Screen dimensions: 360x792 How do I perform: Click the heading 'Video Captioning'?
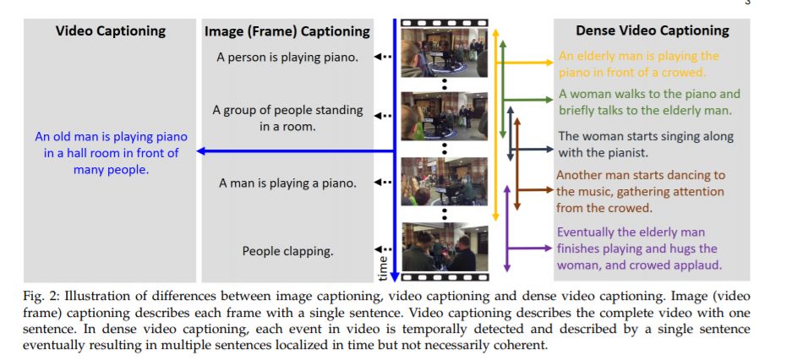pyautogui.click(x=110, y=31)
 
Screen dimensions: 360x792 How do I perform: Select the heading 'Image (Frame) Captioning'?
pyautogui.click(x=287, y=31)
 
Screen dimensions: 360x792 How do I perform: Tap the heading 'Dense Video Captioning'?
pyautogui.click(x=652, y=30)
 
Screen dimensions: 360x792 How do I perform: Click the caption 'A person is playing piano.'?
pyautogui.click(x=287, y=57)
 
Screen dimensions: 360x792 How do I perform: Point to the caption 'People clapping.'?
pyautogui.click(x=287, y=250)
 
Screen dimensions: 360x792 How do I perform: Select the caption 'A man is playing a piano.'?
pyautogui.click(x=287, y=183)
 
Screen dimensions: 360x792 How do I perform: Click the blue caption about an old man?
pyautogui.click(x=111, y=153)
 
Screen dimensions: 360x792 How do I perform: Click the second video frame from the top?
pyautogui.click(x=444, y=116)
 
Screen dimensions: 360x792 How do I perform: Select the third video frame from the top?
pyautogui.click(x=444, y=181)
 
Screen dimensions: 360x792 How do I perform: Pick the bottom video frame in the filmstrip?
pyautogui.click(x=444, y=246)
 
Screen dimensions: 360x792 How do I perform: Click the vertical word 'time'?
pyautogui.click(x=381, y=267)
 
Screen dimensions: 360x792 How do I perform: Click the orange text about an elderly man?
pyautogui.click(x=638, y=63)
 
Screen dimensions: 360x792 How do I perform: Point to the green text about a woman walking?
pyautogui.click(x=648, y=101)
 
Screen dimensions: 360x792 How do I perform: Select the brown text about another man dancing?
pyautogui.click(x=640, y=191)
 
